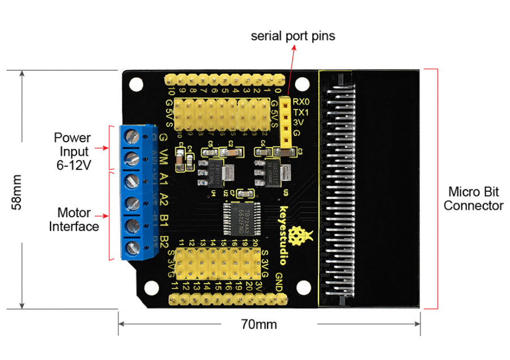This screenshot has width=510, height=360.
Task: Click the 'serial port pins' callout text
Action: [x=293, y=36]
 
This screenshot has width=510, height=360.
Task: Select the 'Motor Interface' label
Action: [x=74, y=220]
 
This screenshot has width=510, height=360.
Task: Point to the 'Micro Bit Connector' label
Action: [x=473, y=198]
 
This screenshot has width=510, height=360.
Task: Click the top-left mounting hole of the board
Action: [x=135, y=84]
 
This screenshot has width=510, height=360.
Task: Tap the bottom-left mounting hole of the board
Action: [x=151, y=289]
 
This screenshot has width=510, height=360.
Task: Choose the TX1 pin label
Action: [x=301, y=112]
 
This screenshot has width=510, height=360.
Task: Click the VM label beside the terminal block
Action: [x=163, y=156]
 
